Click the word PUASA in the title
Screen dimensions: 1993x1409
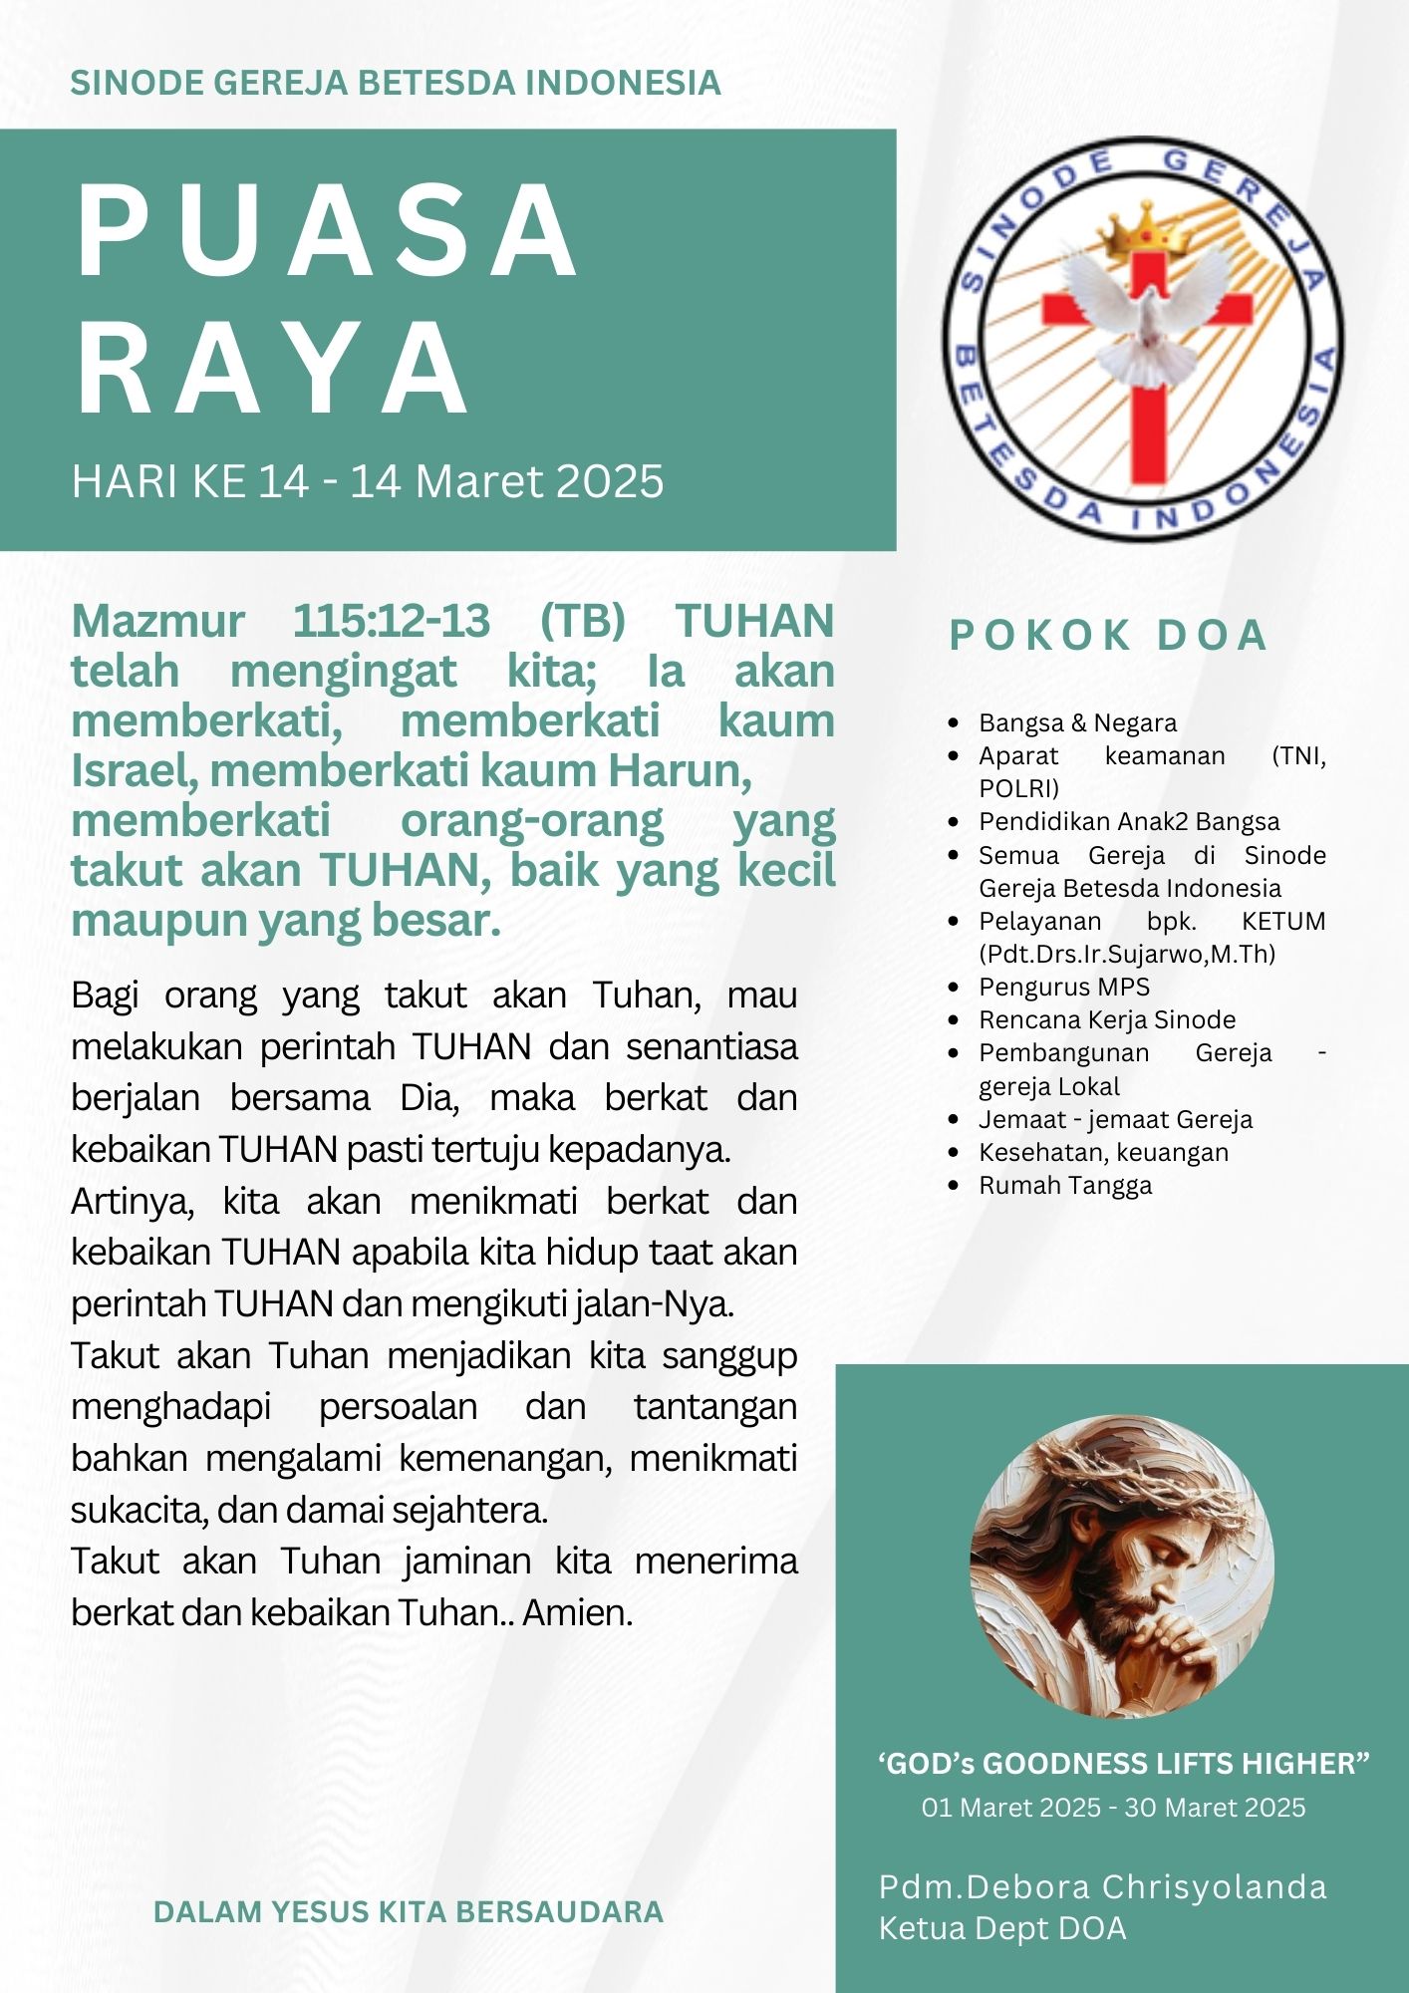pos(327,232)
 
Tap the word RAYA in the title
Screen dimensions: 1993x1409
pos(272,369)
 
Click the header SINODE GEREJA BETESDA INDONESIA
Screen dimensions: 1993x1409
pos(395,83)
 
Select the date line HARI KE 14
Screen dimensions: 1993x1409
pos(367,481)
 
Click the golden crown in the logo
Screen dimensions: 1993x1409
pos(1145,231)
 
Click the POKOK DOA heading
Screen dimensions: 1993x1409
pos(1107,636)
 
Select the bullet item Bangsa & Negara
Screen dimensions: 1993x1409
pos(1077,722)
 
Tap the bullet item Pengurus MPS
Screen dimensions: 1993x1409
pos(1063,987)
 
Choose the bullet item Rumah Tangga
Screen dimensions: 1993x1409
pos(1065,1185)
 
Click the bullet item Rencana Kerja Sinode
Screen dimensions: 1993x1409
pos(1106,1019)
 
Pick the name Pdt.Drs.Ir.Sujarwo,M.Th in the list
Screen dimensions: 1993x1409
pos(1126,954)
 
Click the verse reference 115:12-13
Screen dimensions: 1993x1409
pos(391,622)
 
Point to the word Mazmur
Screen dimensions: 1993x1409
pos(157,622)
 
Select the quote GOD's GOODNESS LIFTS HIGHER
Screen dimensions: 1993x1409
pos(1123,1764)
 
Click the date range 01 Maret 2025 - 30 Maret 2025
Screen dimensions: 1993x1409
pos(1113,1808)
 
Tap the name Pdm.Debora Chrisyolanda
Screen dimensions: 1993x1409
pos(1102,1886)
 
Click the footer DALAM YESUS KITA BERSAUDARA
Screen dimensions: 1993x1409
pos(409,1911)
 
